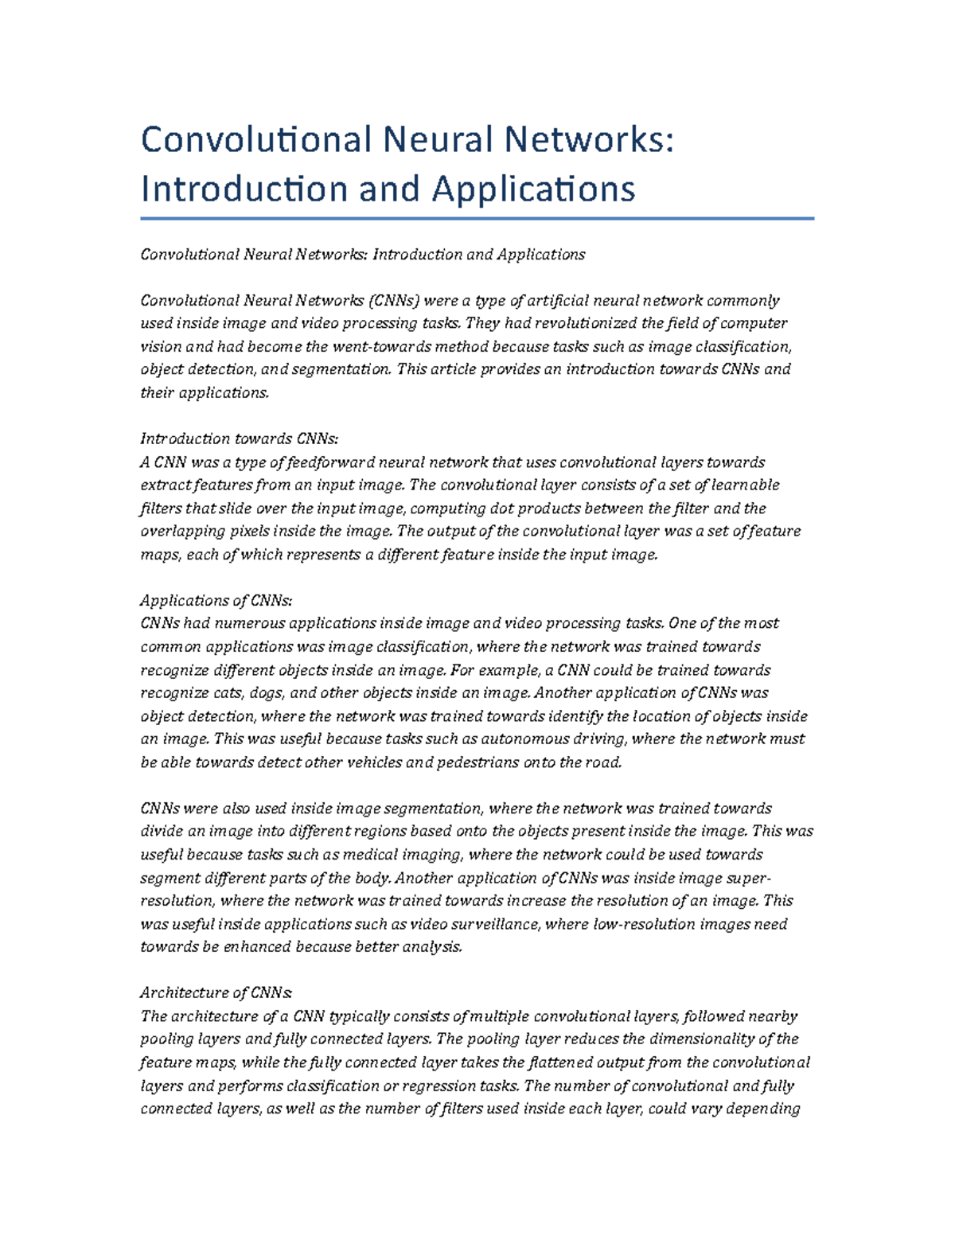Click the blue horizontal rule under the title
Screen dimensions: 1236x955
pos(477,218)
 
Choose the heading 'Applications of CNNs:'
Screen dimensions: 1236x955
pos(216,600)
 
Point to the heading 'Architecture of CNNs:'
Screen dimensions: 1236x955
pos(216,992)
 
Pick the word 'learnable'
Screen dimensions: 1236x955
pos(746,485)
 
